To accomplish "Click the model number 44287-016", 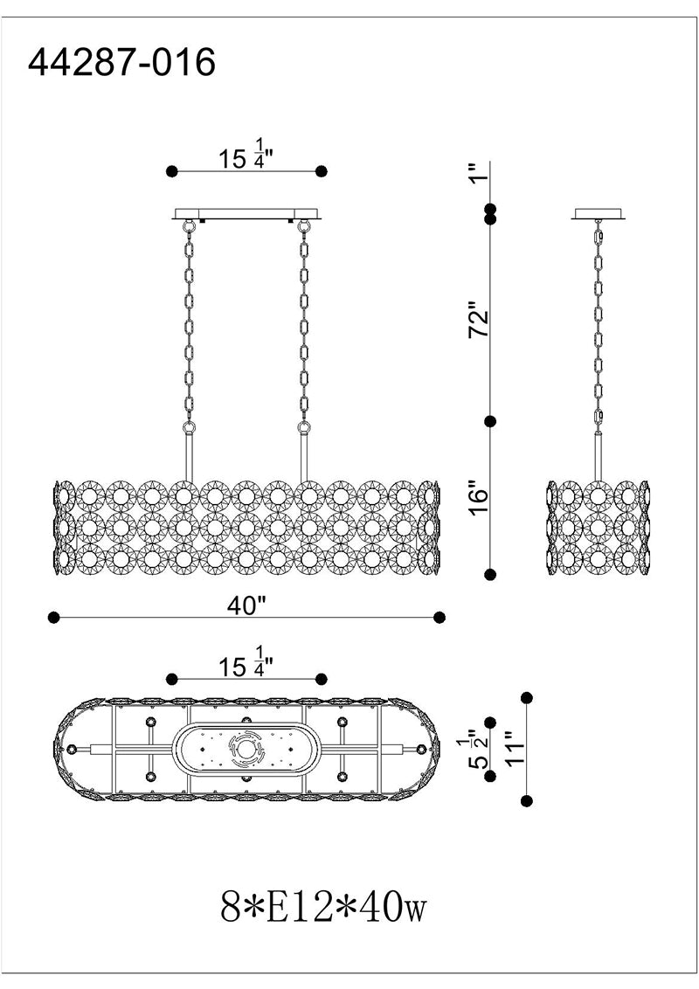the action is (122, 63).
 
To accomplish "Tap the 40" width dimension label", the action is (246, 606).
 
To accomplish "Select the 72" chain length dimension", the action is (479, 323).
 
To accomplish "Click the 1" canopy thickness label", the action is (479, 171).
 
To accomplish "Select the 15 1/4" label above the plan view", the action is (246, 664).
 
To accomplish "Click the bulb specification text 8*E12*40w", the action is (323, 908).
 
